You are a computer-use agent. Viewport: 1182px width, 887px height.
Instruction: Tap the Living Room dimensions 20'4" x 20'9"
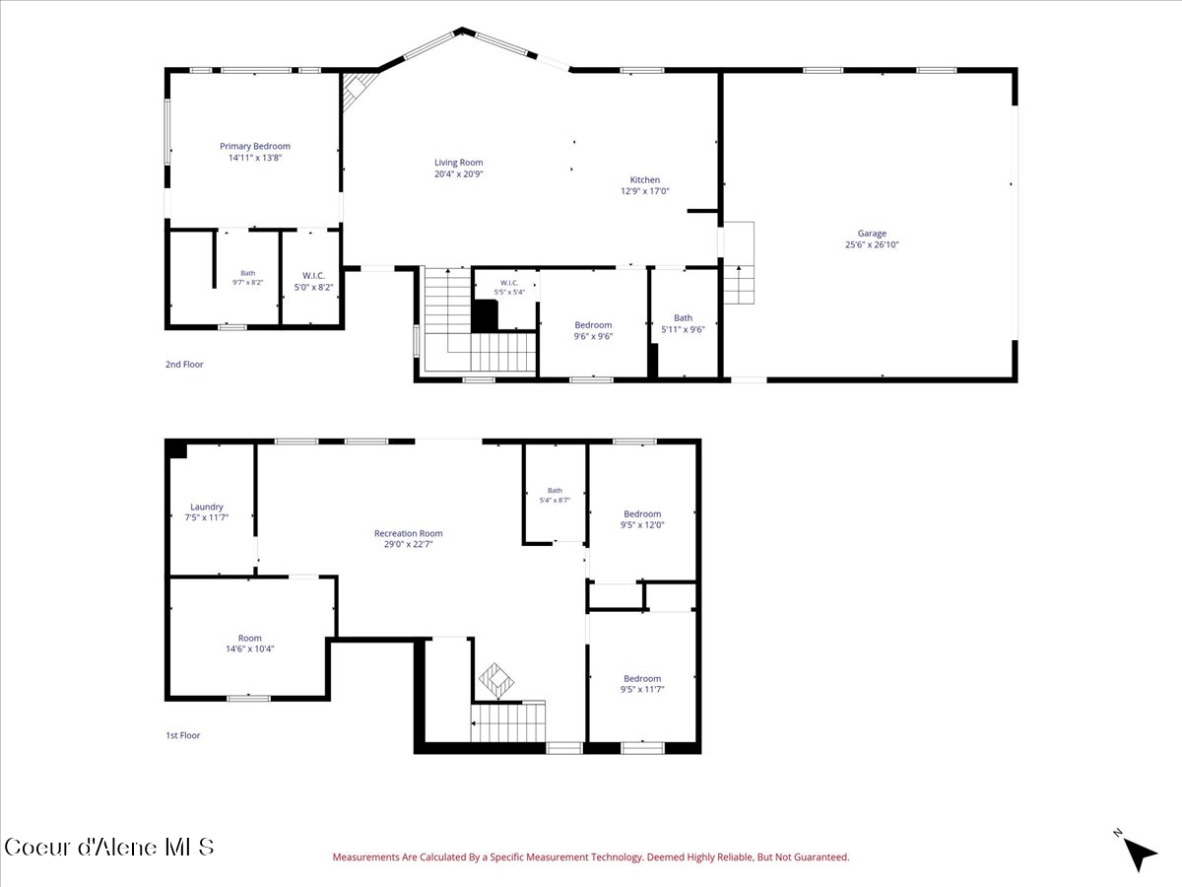click(x=458, y=174)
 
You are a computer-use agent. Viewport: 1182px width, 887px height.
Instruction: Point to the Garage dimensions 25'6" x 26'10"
click(x=872, y=244)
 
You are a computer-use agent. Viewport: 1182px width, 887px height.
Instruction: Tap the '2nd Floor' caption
click(x=184, y=364)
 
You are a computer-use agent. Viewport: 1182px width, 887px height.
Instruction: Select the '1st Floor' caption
click(x=182, y=735)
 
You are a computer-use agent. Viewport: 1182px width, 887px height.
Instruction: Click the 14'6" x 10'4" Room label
click(x=250, y=643)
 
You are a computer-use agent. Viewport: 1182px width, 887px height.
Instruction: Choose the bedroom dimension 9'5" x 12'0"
click(x=642, y=524)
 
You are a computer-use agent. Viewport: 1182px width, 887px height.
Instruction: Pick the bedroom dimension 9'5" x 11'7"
click(x=642, y=689)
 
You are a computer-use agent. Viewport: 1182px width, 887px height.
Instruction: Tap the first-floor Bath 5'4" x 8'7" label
click(x=555, y=495)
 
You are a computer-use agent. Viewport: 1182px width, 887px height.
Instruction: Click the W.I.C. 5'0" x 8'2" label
click(x=313, y=281)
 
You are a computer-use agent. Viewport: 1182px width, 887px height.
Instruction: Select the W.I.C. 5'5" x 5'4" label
click(x=509, y=287)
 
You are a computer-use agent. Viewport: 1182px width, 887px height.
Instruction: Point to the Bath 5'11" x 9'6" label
click(x=683, y=323)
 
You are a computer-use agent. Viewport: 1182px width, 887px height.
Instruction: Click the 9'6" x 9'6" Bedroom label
click(x=593, y=330)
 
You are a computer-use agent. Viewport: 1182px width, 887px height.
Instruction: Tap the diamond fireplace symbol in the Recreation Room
click(x=496, y=681)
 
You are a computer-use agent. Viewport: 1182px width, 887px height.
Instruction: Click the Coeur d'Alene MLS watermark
click(x=108, y=848)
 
